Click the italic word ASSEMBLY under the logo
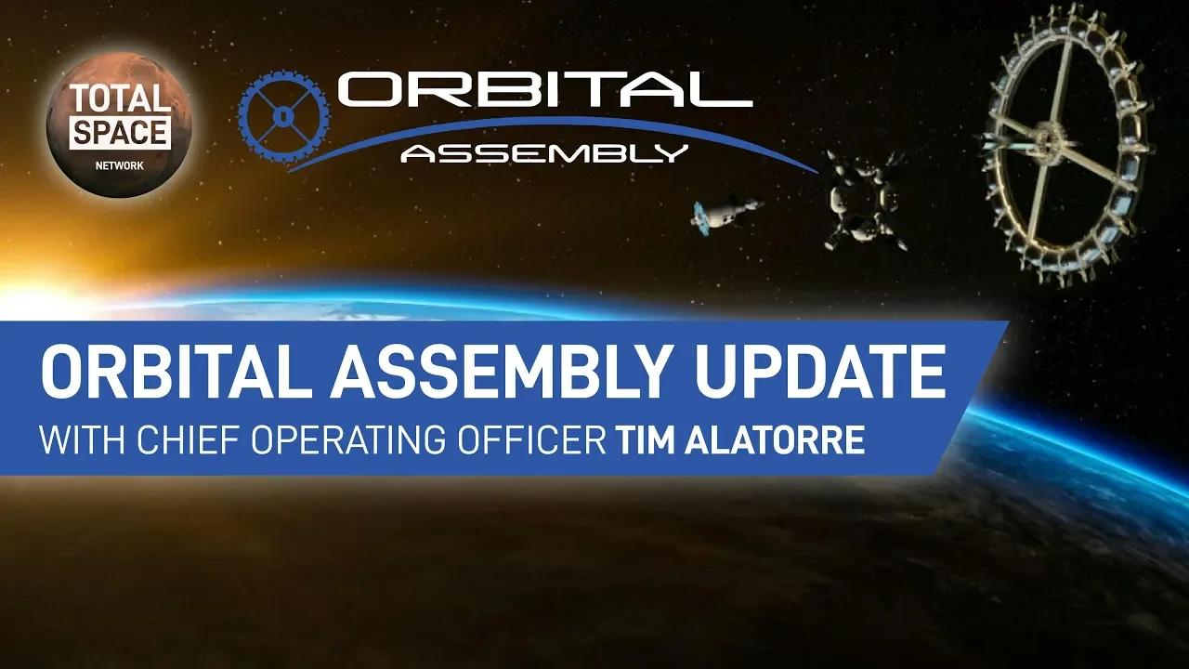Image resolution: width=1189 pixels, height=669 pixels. (544, 152)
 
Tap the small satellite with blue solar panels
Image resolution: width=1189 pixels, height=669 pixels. (724, 213)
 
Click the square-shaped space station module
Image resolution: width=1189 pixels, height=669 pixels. (864, 200)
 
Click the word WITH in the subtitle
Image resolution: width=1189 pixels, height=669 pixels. (76, 440)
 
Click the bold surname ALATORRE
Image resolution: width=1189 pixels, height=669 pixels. (777, 440)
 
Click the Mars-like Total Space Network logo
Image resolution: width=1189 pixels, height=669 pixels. (110, 125)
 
